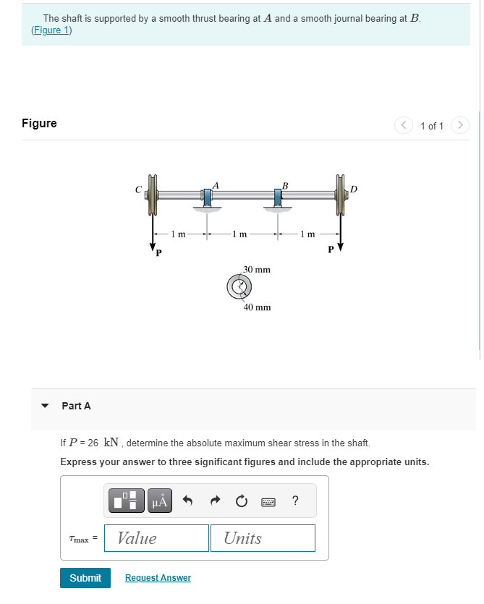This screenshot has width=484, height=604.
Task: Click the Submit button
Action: click(x=85, y=578)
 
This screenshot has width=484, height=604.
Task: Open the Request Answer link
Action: click(x=158, y=578)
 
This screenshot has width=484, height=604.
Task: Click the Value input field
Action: click(x=157, y=538)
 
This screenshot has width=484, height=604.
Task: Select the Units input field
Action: click(x=263, y=538)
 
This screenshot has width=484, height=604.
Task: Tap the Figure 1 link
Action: click(x=51, y=30)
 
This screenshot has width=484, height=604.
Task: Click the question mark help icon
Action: click(x=294, y=501)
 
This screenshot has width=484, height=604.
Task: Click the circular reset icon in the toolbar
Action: click(x=241, y=501)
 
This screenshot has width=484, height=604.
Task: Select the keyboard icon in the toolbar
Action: click(x=268, y=501)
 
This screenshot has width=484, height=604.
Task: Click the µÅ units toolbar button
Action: click(x=160, y=501)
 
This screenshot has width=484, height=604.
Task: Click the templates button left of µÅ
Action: click(x=127, y=501)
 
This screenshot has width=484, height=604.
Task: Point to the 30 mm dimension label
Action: click(x=257, y=270)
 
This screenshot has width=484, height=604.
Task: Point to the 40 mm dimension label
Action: click(x=257, y=307)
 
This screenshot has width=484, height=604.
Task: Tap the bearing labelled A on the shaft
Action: click(x=208, y=197)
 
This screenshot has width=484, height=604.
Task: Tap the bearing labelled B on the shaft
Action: click(x=279, y=197)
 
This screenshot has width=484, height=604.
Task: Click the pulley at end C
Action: click(x=153, y=195)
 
